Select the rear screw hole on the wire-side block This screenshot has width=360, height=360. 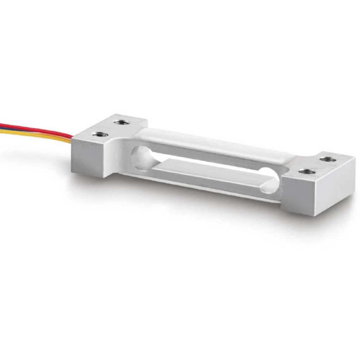pyautogui.click(x=122, y=122)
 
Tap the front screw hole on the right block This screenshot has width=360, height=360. pyautogui.click(x=306, y=172)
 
